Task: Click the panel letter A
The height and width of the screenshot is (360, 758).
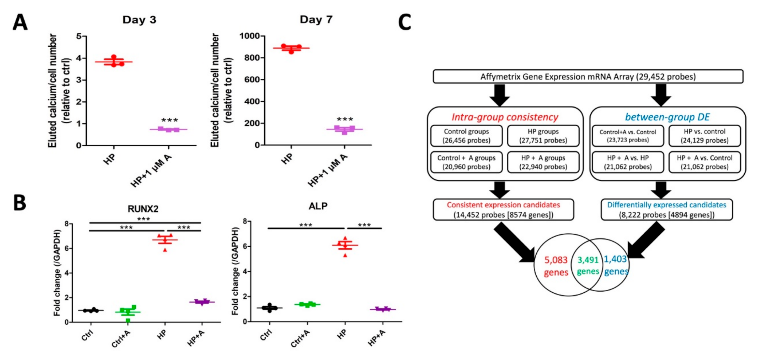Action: coord(20,22)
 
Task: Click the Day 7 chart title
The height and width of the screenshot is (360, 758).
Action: coord(316,19)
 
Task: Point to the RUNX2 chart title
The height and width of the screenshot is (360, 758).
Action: coord(143,209)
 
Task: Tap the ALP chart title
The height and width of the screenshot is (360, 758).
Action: coord(318,206)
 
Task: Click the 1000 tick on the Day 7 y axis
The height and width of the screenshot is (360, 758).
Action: coord(249,36)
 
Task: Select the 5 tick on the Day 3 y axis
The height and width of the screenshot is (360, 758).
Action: coord(79,36)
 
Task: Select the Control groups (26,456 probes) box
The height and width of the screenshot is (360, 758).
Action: coord(466,136)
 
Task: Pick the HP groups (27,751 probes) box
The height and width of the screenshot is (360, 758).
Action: coord(543,136)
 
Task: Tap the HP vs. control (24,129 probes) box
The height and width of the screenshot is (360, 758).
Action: coord(704,136)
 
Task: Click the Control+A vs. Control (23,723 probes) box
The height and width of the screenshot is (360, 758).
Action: coord(628,136)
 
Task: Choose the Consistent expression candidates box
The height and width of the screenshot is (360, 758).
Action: coord(503,210)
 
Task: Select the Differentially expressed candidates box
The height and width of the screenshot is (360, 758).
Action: coord(666,210)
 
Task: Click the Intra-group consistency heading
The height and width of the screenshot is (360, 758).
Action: coord(505,117)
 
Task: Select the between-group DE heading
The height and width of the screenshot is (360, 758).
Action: coord(667,117)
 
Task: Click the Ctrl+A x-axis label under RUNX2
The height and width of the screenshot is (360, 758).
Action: coord(121,338)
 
